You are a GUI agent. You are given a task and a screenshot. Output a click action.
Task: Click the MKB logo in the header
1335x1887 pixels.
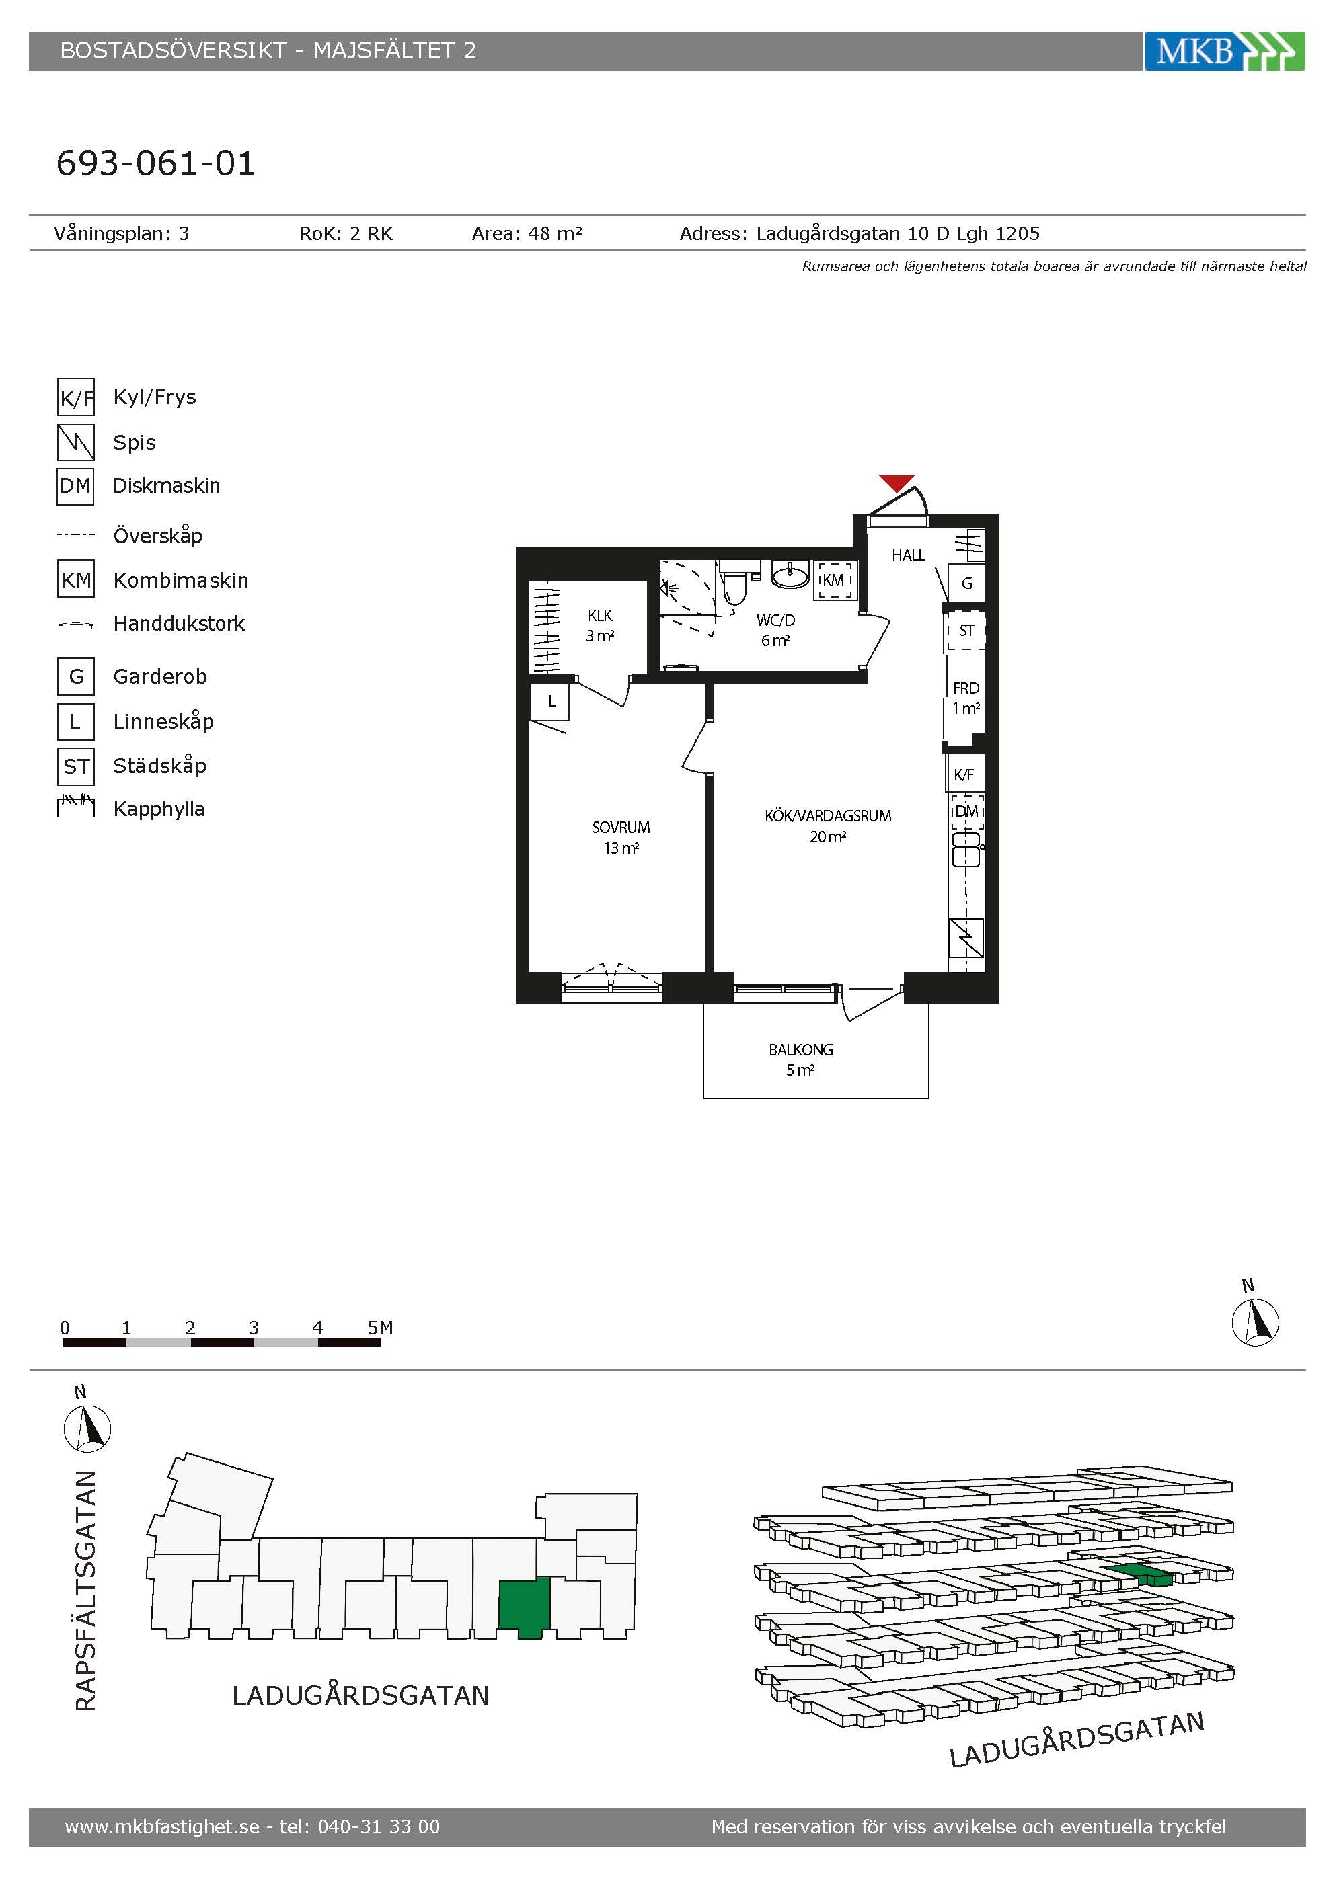pyautogui.click(x=1224, y=51)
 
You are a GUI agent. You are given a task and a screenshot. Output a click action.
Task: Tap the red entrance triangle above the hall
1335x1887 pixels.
pyautogui.click(x=896, y=483)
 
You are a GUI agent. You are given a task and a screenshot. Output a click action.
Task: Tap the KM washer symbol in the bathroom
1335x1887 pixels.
pyautogui.click(x=833, y=579)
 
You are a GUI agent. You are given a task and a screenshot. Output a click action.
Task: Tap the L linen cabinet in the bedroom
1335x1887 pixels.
pyautogui.click(x=551, y=702)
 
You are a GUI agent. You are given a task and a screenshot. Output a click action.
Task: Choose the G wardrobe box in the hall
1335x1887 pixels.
pyautogui.click(x=966, y=584)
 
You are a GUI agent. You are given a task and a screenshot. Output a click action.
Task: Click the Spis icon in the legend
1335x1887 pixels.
pyautogui.click(x=75, y=442)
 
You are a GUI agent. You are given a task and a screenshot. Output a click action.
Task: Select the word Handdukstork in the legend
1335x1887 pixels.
pyautogui.click(x=179, y=624)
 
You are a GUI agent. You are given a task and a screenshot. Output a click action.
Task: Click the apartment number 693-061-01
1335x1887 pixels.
pyautogui.click(x=155, y=163)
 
